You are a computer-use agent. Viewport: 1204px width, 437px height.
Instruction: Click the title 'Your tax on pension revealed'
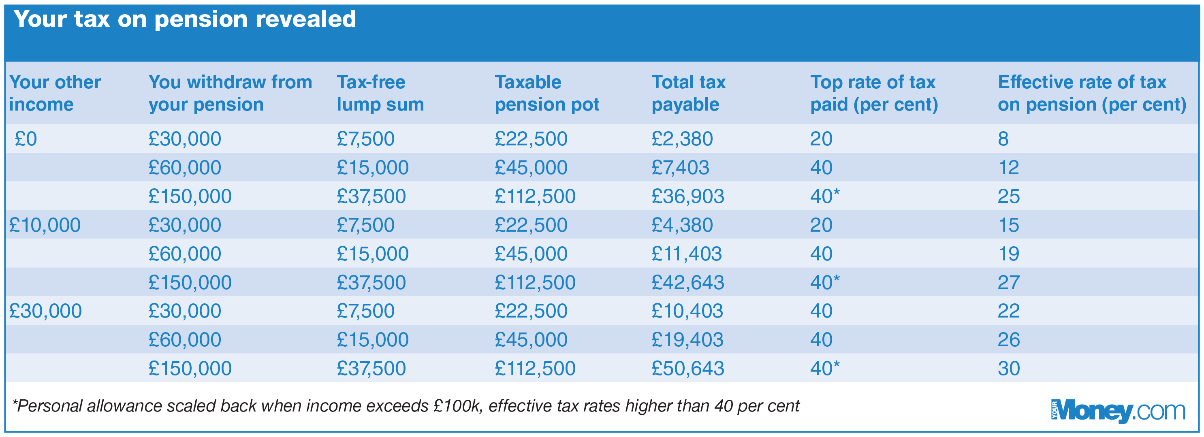[185, 19]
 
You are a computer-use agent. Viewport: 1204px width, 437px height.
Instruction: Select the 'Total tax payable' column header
[688, 94]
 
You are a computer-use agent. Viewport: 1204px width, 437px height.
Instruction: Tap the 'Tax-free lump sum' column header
[380, 94]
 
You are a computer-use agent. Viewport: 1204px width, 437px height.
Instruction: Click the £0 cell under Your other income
[26, 139]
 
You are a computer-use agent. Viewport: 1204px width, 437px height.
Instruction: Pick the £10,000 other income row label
[45, 225]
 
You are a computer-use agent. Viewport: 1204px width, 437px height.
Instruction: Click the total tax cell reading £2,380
[682, 139]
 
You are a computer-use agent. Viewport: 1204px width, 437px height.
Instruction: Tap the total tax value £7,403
[680, 168]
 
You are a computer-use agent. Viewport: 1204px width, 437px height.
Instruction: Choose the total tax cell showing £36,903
[687, 196]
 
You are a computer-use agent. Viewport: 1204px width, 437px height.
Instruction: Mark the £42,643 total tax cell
[687, 283]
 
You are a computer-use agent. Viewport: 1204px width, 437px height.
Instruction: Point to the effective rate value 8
[1003, 139]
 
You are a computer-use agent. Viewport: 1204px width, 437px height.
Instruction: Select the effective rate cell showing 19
[1008, 254]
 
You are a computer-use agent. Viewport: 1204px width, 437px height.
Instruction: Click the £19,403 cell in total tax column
[687, 340]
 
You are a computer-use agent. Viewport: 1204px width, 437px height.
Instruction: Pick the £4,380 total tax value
[682, 225]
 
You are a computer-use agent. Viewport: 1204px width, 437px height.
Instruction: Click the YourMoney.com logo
[1118, 412]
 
